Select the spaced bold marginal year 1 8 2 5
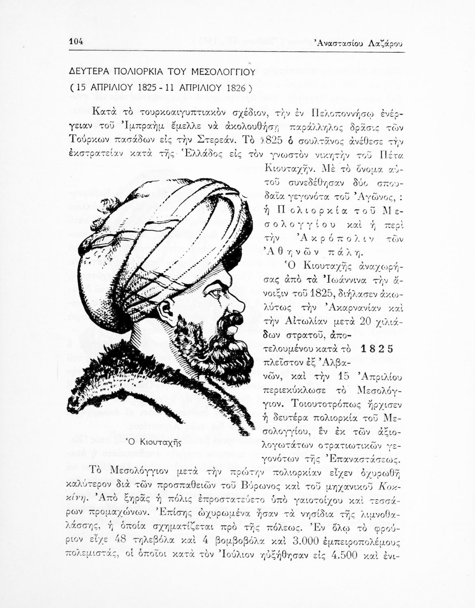pos(377,349)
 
